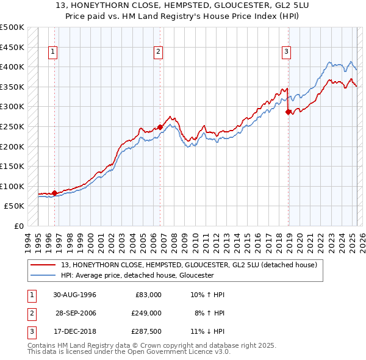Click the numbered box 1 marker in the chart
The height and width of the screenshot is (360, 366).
point(54,52)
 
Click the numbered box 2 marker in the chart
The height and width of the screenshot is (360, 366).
point(158,52)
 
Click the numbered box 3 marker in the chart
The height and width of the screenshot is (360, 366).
point(286,52)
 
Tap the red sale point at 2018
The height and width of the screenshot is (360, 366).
point(288,112)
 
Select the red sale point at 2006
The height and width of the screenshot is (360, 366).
point(160,127)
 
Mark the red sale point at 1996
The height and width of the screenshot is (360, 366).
point(55,193)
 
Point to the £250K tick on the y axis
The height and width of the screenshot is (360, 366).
point(12,126)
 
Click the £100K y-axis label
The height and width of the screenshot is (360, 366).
point(12,186)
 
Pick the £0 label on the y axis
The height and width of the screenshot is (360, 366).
point(18,226)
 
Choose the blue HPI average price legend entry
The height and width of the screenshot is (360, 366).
point(137,276)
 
